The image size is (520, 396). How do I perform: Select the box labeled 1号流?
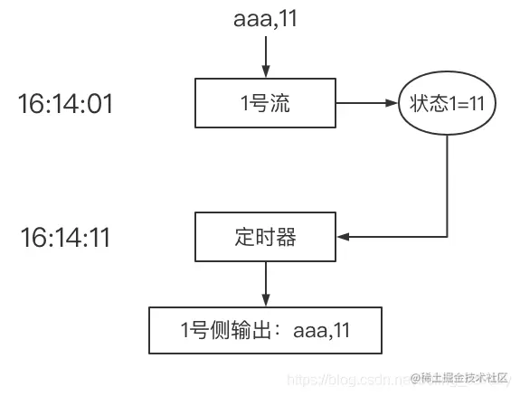(265, 104)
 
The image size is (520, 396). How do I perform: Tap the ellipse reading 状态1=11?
(448, 104)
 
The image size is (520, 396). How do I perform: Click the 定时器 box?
(265, 238)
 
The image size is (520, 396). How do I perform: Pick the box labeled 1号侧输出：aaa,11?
(265, 330)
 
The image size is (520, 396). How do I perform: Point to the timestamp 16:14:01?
(65, 104)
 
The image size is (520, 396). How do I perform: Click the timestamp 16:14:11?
(65, 238)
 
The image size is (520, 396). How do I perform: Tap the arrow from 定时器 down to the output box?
(265, 282)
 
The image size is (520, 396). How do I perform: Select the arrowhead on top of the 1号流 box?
(265, 74)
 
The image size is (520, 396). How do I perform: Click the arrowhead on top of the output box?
(265, 302)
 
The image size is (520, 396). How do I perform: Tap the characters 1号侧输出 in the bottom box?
(226, 330)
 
